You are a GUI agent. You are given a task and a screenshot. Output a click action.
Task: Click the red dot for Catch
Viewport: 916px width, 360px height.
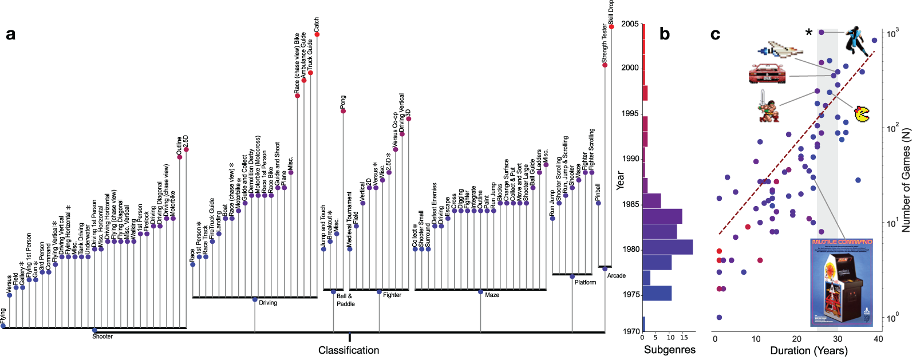pos(317,34)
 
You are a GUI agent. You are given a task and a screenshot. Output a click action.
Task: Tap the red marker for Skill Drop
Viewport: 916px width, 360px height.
pos(611,26)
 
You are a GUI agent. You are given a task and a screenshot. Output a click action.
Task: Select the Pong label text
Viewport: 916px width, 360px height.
pos(343,102)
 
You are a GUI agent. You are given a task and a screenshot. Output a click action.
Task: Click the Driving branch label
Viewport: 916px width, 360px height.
pos(268,303)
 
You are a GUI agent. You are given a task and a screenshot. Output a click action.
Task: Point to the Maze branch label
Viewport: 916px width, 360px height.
pos(492,295)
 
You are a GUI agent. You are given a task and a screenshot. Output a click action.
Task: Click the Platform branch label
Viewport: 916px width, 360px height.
pos(585,282)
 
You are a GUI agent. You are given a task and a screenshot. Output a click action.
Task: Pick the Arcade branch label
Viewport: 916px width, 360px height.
pos(616,276)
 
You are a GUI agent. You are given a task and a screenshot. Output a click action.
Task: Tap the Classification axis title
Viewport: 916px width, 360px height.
pos(349,350)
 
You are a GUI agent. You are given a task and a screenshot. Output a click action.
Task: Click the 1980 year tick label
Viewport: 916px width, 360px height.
pos(631,250)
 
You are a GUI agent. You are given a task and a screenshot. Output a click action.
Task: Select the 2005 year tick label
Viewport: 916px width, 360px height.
pos(630,24)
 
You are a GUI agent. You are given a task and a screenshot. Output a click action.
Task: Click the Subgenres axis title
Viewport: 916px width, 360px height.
pos(670,350)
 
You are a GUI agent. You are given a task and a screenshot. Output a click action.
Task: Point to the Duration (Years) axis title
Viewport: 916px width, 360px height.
pos(808,350)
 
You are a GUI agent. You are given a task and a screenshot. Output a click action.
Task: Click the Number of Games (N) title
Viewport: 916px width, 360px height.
pos(906,180)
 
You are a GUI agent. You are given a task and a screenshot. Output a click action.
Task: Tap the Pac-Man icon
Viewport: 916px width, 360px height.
pos(862,114)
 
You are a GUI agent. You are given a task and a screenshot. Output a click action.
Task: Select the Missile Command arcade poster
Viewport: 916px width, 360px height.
pos(842,282)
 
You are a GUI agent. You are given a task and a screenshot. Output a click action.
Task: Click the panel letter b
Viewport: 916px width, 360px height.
pos(665,34)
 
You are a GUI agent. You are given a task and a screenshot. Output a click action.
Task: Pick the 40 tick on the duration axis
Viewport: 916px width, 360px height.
pos(878,339)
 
